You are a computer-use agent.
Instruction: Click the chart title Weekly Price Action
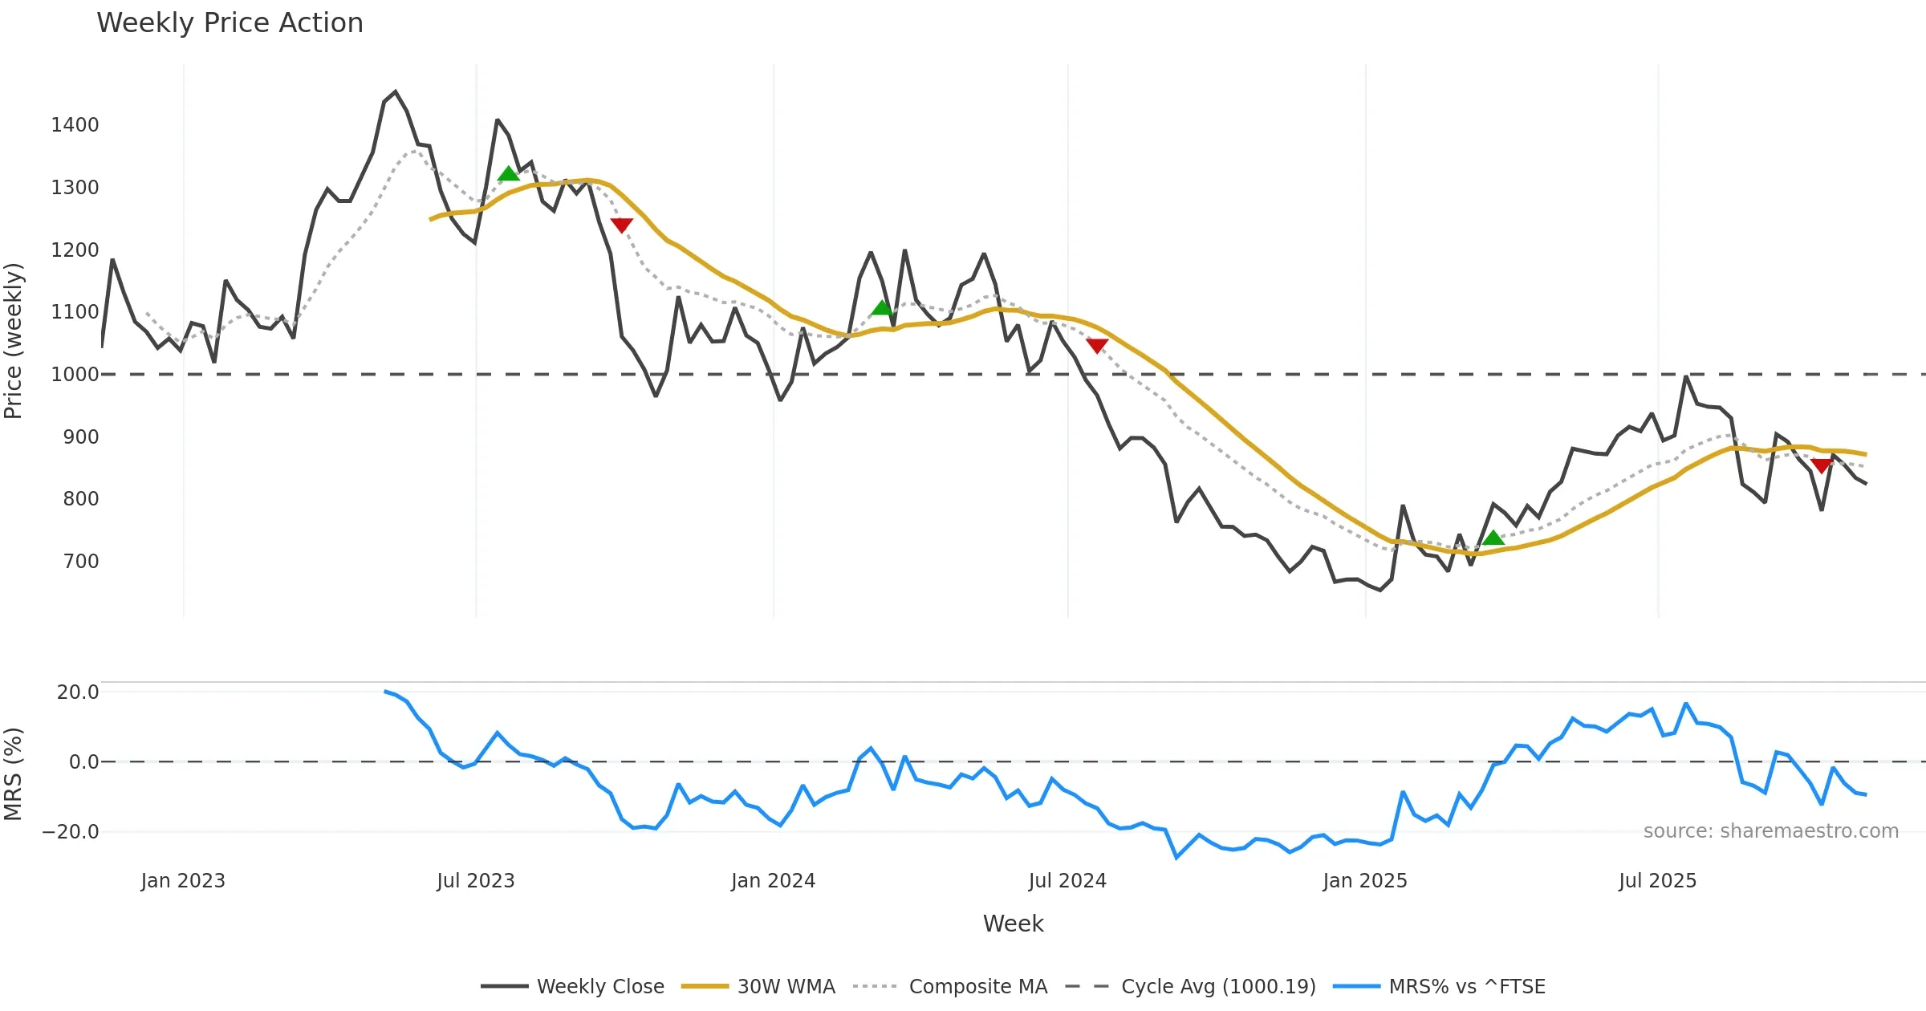tap(230, 23)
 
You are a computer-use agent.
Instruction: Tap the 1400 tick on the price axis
tap(75, 125)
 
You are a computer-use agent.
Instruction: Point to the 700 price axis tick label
tap(81, 562)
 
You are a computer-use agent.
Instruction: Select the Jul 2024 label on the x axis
tap(1067, 881)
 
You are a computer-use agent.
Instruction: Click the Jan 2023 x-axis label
tap(183, 881)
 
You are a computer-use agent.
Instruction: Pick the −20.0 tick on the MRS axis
tap(71, 832)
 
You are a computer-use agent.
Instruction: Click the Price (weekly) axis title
tap(14, 341)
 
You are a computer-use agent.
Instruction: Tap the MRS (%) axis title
tap(14, 774)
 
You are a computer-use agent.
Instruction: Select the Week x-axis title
tap(1013, 924)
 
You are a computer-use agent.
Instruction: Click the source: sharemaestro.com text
tap(1770, 831)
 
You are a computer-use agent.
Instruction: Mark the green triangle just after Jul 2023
tap(508, 174)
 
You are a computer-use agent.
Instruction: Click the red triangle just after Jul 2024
tap(1097, 345)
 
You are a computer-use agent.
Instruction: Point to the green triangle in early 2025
tap(1493, 538)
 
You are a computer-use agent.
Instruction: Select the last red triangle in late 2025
tap(1822, 465)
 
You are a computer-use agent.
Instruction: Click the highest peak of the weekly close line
tap(396, 92)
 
